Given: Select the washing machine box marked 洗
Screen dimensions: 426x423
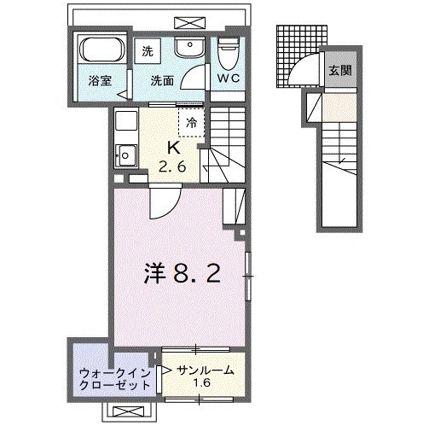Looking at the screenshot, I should point(148,50).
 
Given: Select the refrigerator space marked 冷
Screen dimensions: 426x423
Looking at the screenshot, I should point(192,122).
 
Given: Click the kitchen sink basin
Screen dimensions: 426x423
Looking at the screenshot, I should point(125,156).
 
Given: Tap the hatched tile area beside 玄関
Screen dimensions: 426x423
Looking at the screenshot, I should point(292,56).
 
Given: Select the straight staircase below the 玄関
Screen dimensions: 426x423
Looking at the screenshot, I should point(341,171).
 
